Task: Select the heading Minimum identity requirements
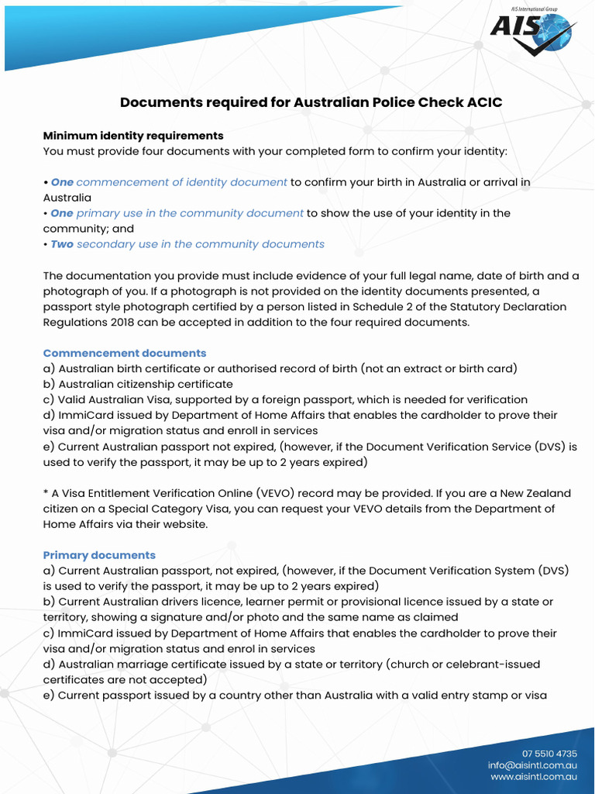tap(133, 136)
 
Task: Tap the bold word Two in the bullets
tap(62, 244)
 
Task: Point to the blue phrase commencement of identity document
tap(182, 182)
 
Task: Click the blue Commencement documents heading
tap(125, 353)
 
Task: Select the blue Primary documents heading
tap(99, 555)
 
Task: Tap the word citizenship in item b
tap(150, 384)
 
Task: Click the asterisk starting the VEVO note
tap(46, 494)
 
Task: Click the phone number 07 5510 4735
tap(549, 754)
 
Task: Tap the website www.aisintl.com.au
tap(534, 776)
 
